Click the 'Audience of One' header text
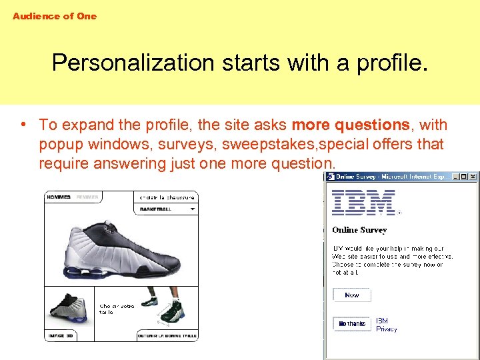[x=55, y=16]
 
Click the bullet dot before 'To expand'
[x=23, y=125]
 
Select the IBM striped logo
[x=364, y=203]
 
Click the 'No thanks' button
[x=352, y=324]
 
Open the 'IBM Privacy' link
[x=386, y=325]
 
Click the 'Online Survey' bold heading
[x=359, y=230]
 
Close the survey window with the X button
[x=473, y=177]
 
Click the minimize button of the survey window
[x=455, y=177]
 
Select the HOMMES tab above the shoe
[x=59, y=197]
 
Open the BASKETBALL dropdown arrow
[x=193, y=209]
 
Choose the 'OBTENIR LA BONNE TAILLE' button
[x=167, y=335]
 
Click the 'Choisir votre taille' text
[x=117, y=309]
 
